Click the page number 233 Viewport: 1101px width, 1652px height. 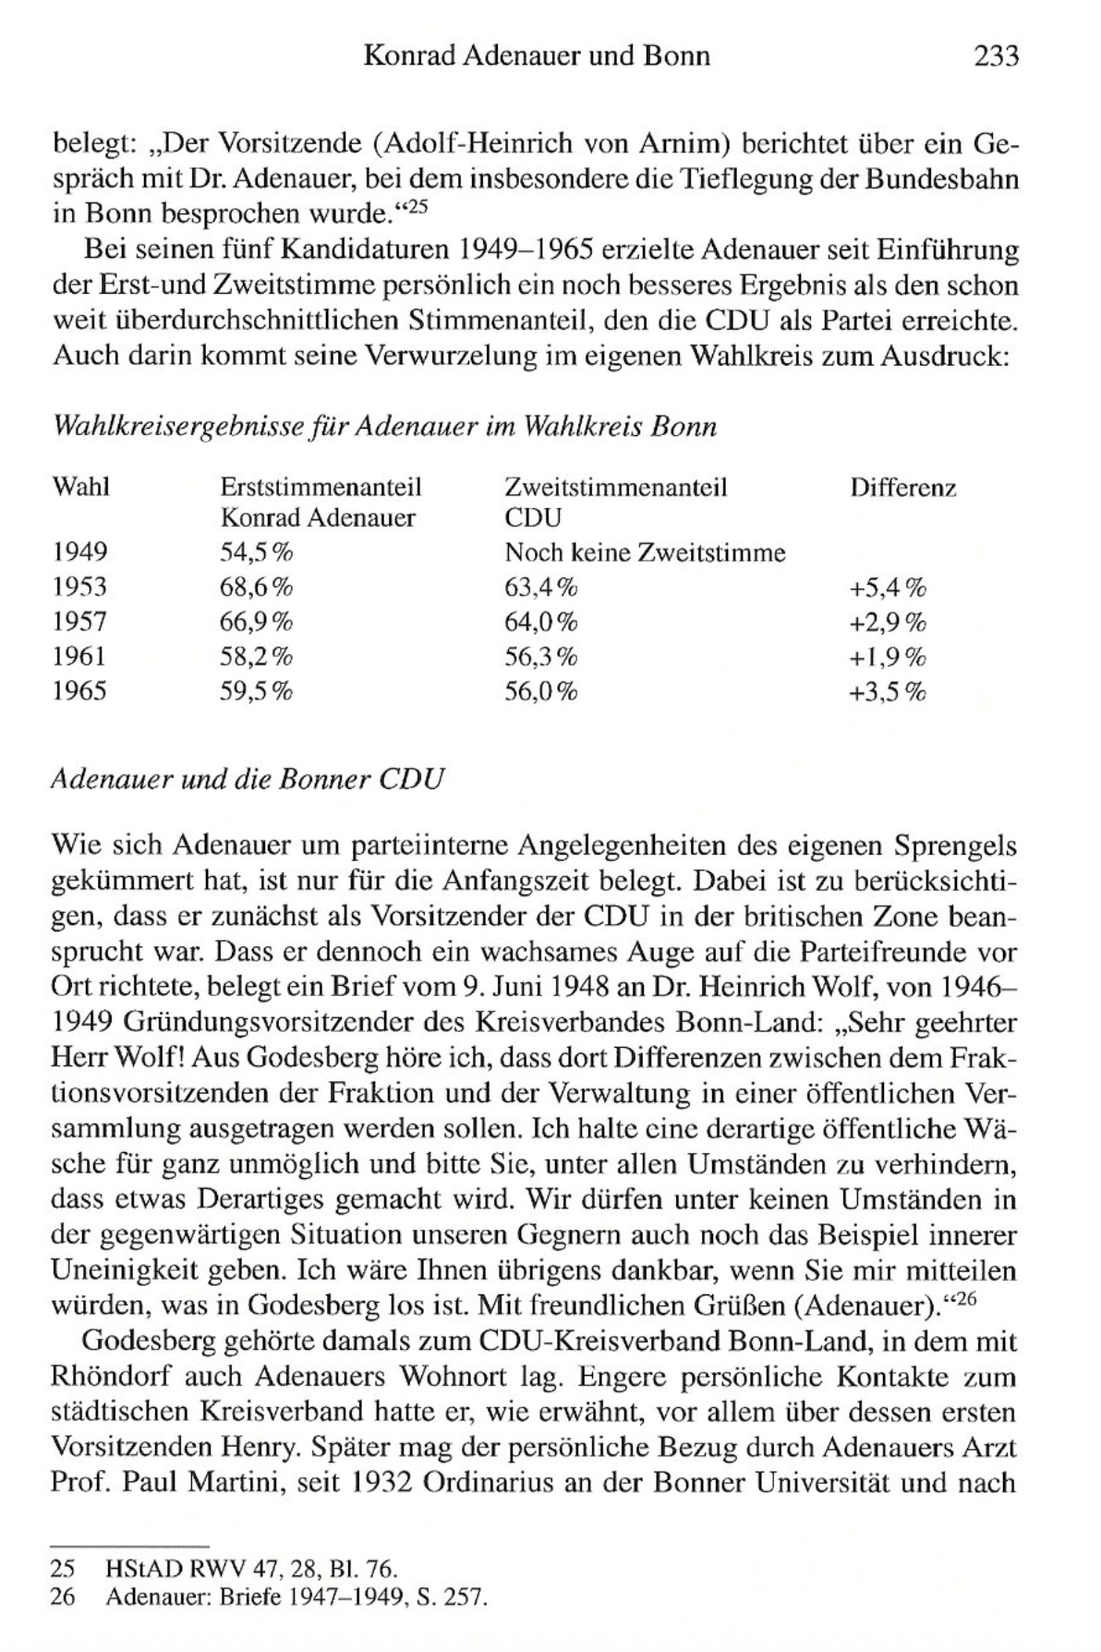click(x=996, y=56)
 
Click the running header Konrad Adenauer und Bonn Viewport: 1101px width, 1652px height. click(x=537, y=56)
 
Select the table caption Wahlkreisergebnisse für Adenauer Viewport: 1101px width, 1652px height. click(x=385, y=427)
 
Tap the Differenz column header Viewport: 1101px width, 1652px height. click(x=902, y=487)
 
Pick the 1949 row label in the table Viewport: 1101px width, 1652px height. click(x=79, y=553)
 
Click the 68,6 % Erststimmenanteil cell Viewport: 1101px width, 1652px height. click(x=256, y=587)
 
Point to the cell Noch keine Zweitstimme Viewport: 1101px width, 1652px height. click(x=645, y=553)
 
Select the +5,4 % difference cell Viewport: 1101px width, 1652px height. click(x=887, y=587)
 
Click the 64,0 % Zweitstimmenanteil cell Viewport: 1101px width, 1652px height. click(x=540, y=622)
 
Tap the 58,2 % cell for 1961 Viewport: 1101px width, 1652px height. click(x=256, y=657)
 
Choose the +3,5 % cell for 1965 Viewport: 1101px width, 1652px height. click(x=887, y=692)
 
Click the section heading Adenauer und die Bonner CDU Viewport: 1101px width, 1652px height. click(x=248, y=779)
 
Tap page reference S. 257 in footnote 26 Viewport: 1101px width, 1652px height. click(x=452, y=1597)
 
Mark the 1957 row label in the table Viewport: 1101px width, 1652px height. click(x=79, y=622)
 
